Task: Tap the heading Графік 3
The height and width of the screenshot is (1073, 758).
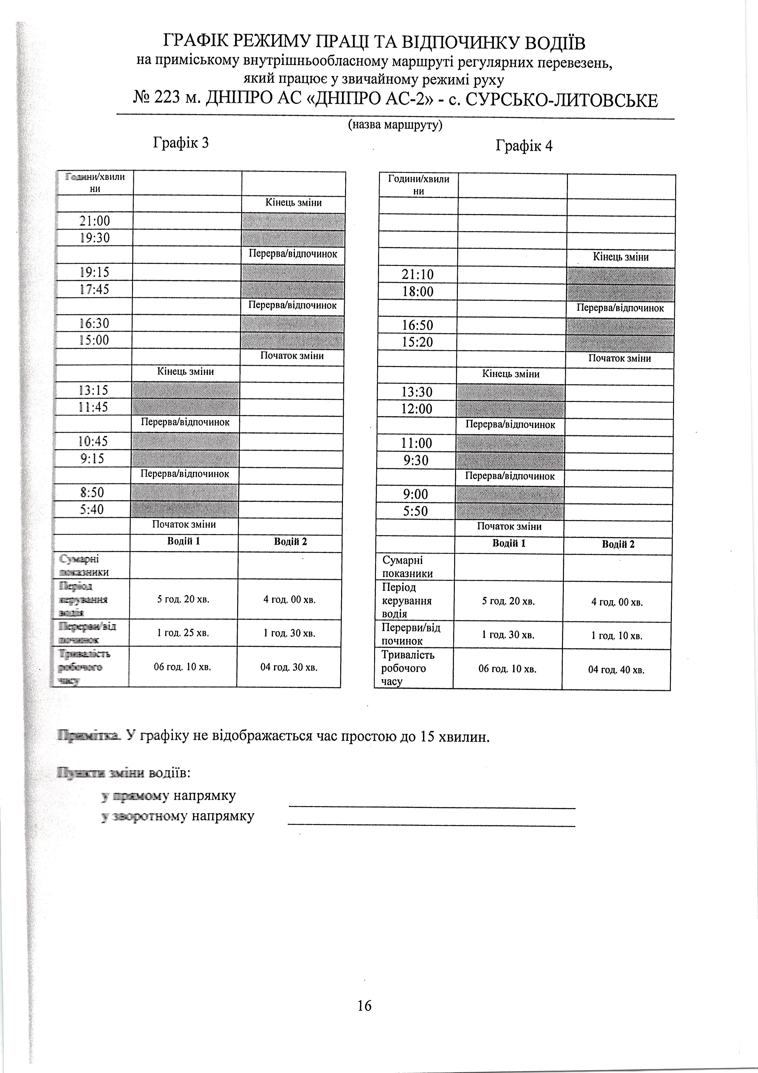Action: point(181,143)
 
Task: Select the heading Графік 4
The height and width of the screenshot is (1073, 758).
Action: point(524,146)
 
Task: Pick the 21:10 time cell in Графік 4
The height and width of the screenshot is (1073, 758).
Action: point(418,275)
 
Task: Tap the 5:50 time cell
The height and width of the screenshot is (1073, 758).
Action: point(416,511)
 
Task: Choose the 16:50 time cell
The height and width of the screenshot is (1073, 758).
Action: point(418,325)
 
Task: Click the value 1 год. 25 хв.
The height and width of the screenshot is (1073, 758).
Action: point(183,633)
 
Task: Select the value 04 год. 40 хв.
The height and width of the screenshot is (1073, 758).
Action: point(616,670)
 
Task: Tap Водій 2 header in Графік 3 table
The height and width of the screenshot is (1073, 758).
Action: point(290,542)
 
